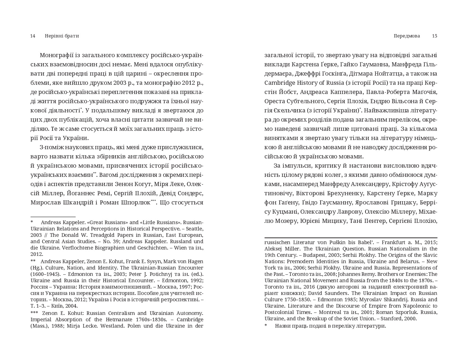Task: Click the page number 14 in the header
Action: click(33, 36)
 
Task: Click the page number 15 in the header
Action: click(435, 36)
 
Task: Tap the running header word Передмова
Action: click(407, 36)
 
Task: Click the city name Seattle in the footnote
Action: click(194, 229)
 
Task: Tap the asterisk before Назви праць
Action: click(266, 326)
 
